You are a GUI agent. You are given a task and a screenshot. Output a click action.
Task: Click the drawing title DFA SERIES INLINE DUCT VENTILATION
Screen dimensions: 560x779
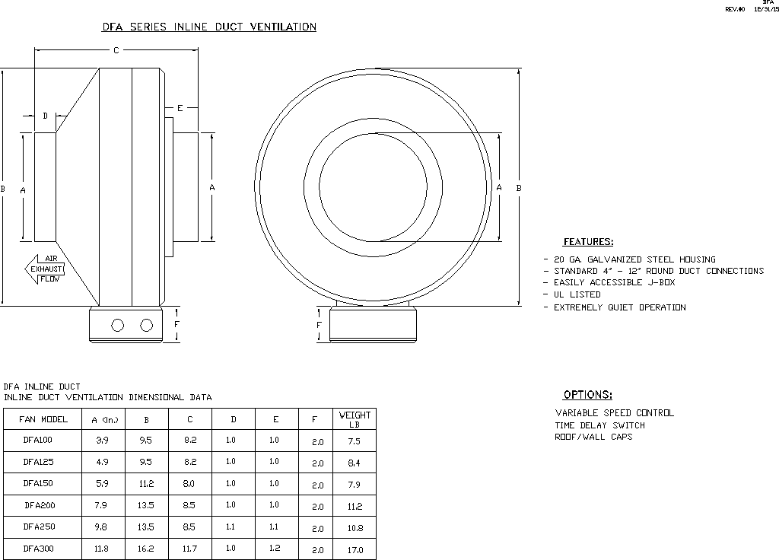209,27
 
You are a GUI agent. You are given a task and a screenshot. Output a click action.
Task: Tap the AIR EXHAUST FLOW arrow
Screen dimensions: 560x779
46,269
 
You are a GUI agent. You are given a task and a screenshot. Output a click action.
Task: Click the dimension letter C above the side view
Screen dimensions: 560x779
116,51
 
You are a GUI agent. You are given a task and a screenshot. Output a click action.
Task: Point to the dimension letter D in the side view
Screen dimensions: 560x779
45,116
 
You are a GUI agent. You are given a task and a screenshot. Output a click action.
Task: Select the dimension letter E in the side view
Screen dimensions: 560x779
180,109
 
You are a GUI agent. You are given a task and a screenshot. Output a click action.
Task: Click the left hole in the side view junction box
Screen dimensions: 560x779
117,326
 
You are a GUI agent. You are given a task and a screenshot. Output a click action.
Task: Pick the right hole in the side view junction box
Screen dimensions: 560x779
147,326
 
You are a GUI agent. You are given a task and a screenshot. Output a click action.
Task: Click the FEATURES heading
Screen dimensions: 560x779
587,242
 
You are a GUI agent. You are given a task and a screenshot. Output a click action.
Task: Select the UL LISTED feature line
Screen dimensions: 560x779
577,294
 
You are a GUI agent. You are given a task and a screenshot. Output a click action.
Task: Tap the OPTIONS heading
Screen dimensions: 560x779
587,395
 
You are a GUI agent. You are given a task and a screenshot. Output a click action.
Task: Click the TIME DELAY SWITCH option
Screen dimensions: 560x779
599,425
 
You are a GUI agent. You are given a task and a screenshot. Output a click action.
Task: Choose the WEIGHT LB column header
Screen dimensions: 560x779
355,419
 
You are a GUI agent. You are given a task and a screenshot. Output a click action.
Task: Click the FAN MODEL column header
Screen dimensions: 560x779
43,419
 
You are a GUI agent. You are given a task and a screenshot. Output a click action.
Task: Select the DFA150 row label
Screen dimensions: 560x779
39,483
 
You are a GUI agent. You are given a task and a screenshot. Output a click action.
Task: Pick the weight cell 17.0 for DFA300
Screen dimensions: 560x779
355,549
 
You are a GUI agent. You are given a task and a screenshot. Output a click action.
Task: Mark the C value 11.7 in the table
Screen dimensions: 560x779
190,549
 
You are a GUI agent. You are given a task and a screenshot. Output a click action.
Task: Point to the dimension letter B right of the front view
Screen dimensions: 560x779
519,187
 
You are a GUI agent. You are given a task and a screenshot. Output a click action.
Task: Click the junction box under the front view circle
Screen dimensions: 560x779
373,325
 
